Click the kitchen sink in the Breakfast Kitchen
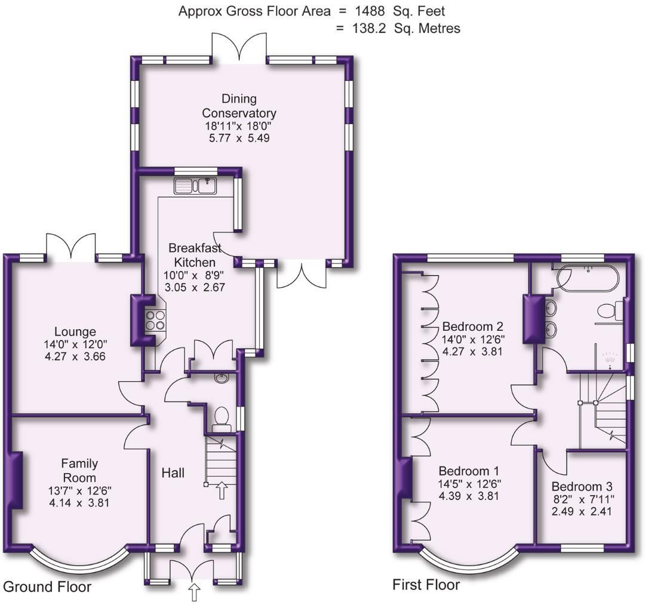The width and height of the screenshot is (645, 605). (x=195, y=186)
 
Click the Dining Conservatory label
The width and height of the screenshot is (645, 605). (x=239, y=106)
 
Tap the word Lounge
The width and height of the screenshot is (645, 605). (x=75, y=331)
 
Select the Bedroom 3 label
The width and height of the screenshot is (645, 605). (x=582, y=486)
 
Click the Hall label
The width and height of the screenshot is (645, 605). (x=173, y=473)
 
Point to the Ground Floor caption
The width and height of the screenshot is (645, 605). (x=48, y=586)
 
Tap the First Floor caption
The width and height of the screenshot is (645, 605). (x=426, y=584)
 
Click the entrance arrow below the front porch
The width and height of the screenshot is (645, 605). (x=195, y=592)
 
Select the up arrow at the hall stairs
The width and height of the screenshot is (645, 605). (x=222, y=490)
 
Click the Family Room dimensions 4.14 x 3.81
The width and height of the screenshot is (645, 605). (x=79, y=502)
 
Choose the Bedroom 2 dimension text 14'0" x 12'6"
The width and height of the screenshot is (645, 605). (x=472, y=339)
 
